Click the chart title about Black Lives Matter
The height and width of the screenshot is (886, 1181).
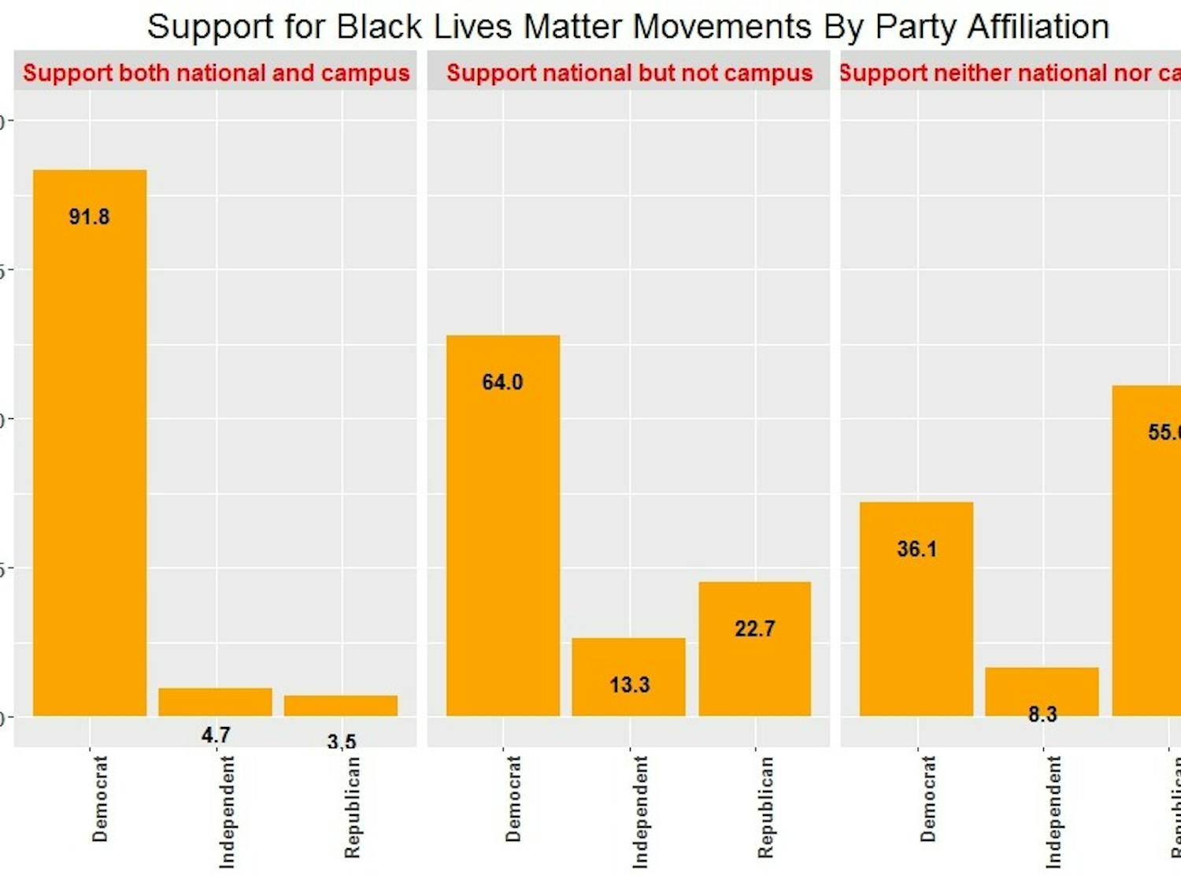coord(628,28)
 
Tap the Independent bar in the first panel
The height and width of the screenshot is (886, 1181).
coord(215,702)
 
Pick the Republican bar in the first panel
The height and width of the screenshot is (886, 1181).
coord(341,706)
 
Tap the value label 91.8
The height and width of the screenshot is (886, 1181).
coord(89,217)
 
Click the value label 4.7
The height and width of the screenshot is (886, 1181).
coord(216,735)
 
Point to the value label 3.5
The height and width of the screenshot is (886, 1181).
coord(342,741)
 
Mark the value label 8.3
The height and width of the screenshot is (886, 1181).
coord(1042,714)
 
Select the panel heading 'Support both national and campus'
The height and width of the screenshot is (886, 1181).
coord(216,73)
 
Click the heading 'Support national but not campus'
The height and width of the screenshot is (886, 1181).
coord(629,73)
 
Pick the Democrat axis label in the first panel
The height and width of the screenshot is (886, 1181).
coord(100,799)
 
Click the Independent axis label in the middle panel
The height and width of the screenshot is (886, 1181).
coord(641,812)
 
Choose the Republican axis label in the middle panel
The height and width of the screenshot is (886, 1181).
coord(765,807)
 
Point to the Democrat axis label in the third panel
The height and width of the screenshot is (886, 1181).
coord(928,799)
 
